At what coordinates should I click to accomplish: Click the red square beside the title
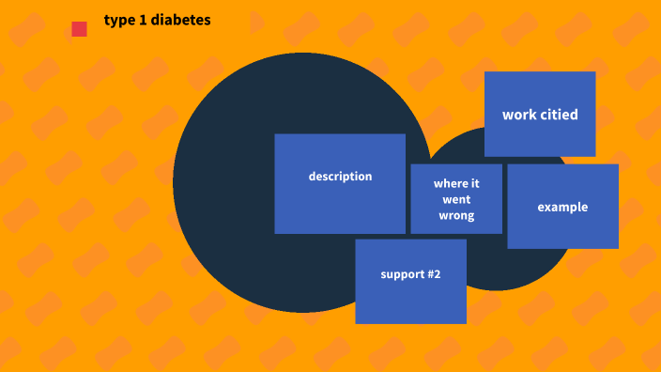pyautogui.click(x=79, y=29)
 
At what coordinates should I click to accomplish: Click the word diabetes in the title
pyautogui.click(x=178, y=20)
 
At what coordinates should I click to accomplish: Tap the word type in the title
pyautogui.click(x=118, y=20)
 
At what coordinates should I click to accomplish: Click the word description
pyautogui.click(x=340, y=177)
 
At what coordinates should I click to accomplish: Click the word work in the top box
pyautogui.click(x=519, y=115)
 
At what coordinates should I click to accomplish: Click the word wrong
pyautogui.click(x=456, y=216)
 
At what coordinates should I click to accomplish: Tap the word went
pyautogui.click(x=456, y=200)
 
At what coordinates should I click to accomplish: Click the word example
pyautogui.click(x=562, y=207)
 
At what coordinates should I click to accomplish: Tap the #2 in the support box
pyautogui.click(x=432, y=274)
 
